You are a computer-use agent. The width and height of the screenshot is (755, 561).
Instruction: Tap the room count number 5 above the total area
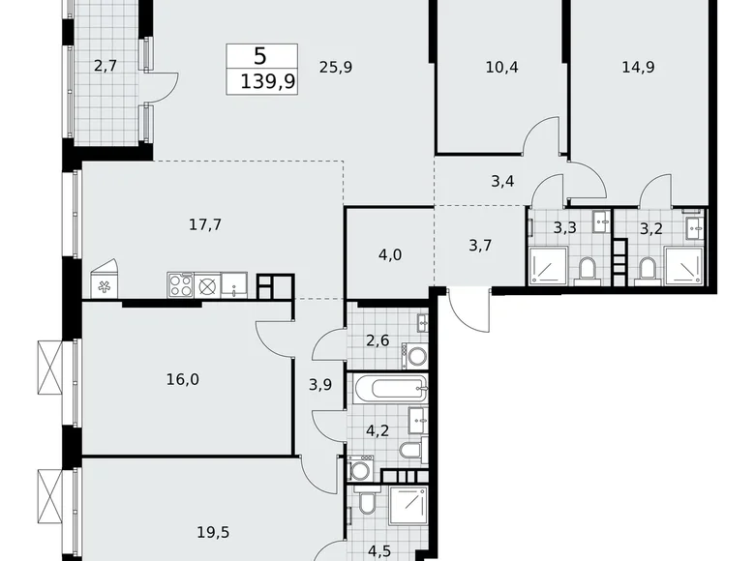[x=258, y=56]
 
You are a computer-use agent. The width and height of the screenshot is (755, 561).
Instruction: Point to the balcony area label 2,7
[x=105, y=67]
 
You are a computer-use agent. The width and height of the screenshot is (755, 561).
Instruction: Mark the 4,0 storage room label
[x=391, y=256]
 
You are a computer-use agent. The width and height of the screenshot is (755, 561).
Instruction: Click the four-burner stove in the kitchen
[x=180, y=284]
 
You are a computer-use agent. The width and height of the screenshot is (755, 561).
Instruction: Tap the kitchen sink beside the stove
[x=234, y=284]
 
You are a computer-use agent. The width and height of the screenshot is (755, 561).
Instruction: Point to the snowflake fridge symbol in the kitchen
[x=105, y=285]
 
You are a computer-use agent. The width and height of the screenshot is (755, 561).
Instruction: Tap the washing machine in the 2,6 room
[x=413, y=355]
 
